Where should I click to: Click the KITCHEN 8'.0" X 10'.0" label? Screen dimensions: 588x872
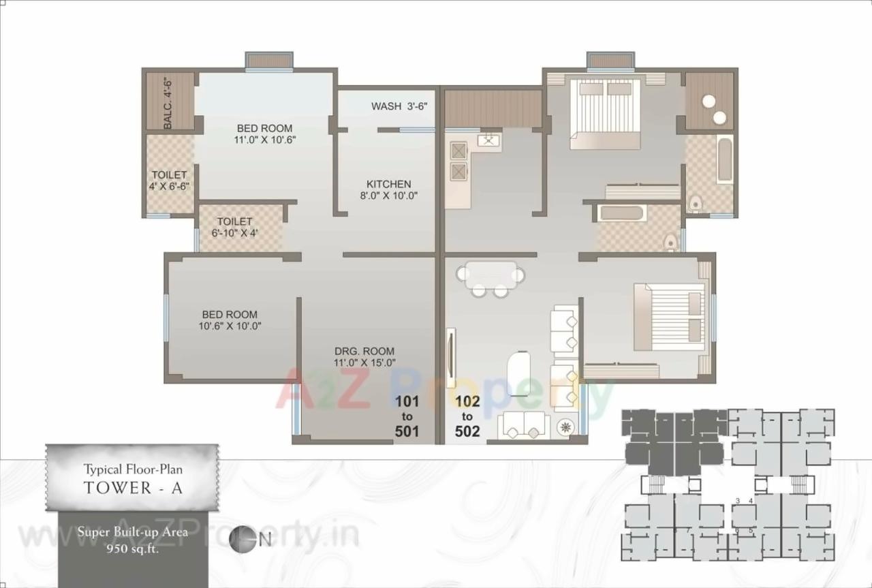[388, 189]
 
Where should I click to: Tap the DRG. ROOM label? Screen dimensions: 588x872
[364, 357]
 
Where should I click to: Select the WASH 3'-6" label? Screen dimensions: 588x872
[399, 106]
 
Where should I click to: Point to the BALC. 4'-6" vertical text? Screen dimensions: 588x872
[168, 104]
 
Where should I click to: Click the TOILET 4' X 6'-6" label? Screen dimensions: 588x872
[169, 181]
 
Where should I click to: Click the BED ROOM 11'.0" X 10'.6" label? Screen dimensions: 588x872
[264, 134]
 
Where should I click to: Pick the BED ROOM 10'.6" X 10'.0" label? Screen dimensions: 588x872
[230, 320]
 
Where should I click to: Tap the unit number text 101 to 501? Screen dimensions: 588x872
[407, 415]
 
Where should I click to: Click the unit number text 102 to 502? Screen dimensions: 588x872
[467, 416]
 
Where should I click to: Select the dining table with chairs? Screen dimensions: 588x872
[490, 277]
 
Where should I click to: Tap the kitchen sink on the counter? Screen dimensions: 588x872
[489, 142]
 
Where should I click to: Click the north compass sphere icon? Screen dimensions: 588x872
[243, 539]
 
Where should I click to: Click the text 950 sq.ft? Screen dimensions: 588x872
[132, 551]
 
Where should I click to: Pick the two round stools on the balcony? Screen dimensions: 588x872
[714, 109]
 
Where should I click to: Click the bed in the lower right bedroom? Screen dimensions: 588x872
[669, 318]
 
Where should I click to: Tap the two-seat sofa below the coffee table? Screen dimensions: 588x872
[523, 425]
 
